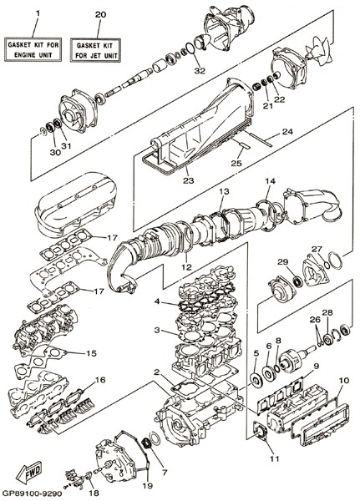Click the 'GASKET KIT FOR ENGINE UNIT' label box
pyautogui.click(x=33, y=49)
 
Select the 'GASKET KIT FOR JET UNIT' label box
pyautogui.click(x=95, y=50)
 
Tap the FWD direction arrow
pyautogui.click(x=29, y=473)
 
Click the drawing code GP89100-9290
pyautogui.click(x=32, y=493)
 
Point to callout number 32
pyautogui.click(x=200, y=71)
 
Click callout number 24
pyautogui.click(x=287, y=131)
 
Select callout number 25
pyautogui.click(x=236, y=163)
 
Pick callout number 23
pyautogui.click(x=189, y=180)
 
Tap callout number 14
pyautogui.click(x=270, y=181)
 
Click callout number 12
pyautogui.click(x=187, y=267)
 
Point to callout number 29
pyautogui.click(x=282, y=262)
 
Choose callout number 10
pyautogui.click(x=344, y=380)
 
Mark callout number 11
pyautogui.click(x=274, y=458)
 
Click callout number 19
pyautogui.click(x=147, y=486)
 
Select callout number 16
pyautogui.click(x=100, y=380)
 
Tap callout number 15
pyautogui.click(x=91, y=353)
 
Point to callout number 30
pyautogui.click(x=55, y=153)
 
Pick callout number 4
pyautogui.click(x=157, y=301)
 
